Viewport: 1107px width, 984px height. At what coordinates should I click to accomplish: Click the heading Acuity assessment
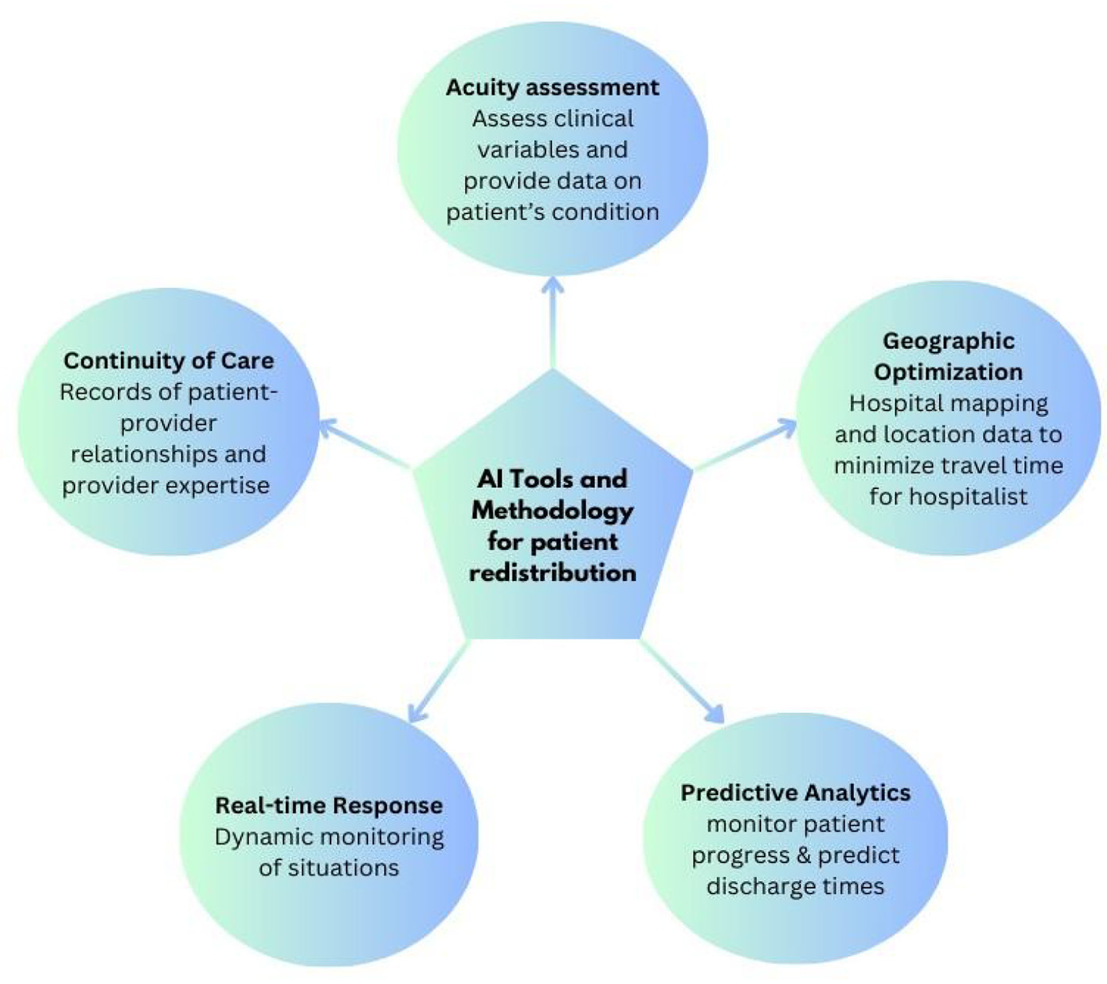coord(552,87)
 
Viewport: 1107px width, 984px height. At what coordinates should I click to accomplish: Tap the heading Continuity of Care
coord(169,361)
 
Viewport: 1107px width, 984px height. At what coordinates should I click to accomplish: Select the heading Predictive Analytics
coord(795,793)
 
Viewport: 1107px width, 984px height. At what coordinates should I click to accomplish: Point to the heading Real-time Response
coord(329,805)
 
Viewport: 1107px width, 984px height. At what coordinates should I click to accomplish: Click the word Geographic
coord(948,341)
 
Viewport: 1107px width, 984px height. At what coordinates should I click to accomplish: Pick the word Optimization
coord(948,372)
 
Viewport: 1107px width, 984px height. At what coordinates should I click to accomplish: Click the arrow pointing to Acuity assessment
coord(553,320)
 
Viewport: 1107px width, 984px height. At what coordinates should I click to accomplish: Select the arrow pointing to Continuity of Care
coord(363,444)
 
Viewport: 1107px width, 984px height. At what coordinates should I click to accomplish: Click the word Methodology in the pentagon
coord(552,510)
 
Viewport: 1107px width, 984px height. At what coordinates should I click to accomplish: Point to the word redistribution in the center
coord(552,572)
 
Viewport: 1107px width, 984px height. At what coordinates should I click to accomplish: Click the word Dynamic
coord(262,837)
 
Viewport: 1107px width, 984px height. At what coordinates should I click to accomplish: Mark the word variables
coord(552,149)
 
